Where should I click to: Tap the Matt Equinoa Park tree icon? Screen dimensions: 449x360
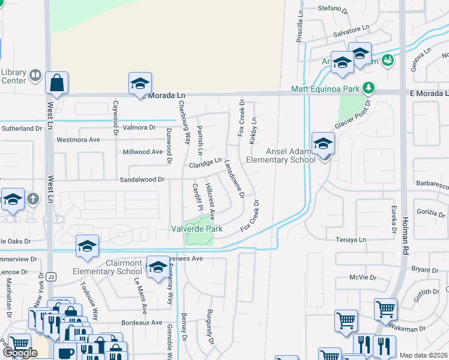point(369,89)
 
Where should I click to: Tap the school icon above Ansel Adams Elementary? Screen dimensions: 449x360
point(323,144)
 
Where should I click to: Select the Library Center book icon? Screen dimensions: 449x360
point(35,76)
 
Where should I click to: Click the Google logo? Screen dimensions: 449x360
point(20,353)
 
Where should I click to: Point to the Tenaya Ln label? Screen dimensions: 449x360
point(350,239)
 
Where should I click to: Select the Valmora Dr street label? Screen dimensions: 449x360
point(139,128)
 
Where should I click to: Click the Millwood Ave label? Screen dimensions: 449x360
point(143,152)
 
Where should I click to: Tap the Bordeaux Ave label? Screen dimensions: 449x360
point(145,322)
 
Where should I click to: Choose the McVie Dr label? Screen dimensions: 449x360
point(363,278)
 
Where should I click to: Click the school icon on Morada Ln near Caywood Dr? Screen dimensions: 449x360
point(140,83)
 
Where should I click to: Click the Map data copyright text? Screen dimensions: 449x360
point(424,355)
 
